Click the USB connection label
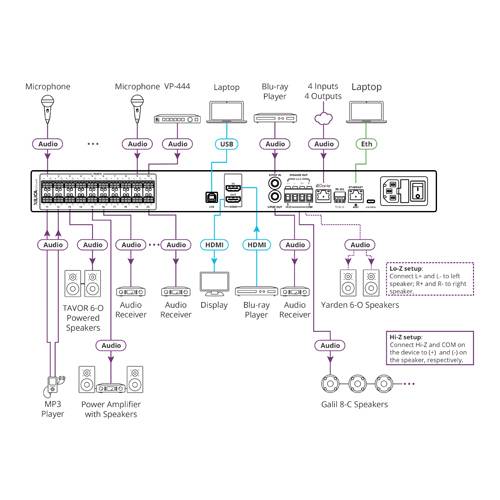point(226,144)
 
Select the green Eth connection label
point(367,144)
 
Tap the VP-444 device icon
point(177,119)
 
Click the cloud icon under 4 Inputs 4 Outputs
point(323,117)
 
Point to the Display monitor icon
point(214,281)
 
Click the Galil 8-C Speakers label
point(358,404)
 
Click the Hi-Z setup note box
point(428,350)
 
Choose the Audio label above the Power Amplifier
point(111,345)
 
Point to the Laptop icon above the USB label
point(226,118)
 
